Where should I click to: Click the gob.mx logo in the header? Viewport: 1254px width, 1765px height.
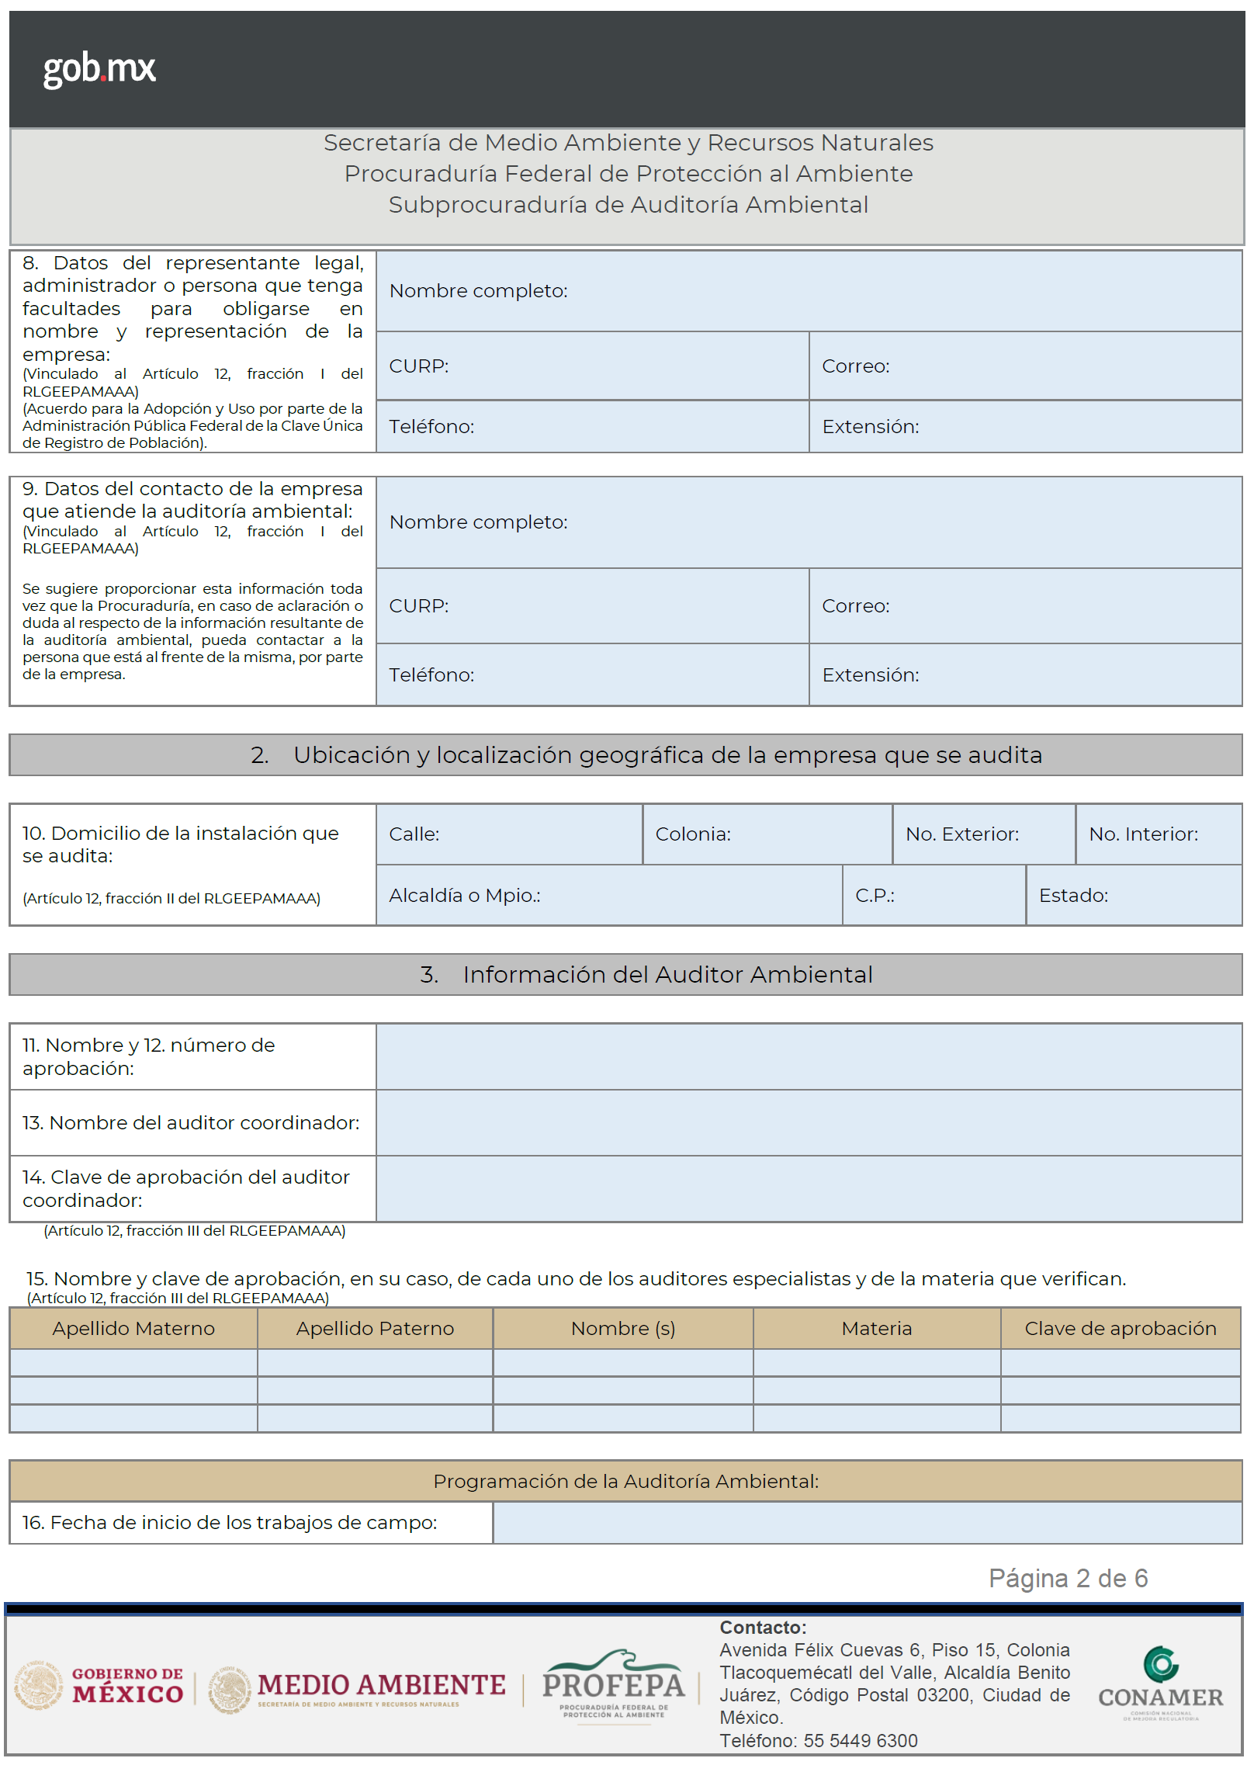point(99,69)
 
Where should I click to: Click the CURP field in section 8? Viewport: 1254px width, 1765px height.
point(592,366)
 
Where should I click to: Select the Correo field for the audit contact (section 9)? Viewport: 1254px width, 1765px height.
point(1024,606)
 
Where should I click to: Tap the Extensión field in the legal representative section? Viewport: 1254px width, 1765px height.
point(1024,427)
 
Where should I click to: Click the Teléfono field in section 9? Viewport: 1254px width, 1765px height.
point(592,675)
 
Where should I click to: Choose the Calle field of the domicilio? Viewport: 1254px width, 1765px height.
point(509,834)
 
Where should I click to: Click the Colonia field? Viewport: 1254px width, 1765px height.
point(767,834)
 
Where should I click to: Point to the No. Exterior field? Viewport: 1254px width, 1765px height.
point(983,834)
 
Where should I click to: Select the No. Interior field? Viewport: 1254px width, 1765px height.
point(1158,834)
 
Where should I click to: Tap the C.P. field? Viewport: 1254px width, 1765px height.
point(934,896)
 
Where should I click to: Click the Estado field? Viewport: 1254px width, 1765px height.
point(1133,896)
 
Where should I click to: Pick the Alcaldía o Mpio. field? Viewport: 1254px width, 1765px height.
point(608,896)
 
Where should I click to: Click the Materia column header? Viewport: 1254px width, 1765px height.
point(876,1329)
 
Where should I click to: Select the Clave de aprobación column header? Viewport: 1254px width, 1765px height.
point(1120,1329)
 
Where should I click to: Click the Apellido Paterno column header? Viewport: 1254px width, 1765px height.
point(375,1329)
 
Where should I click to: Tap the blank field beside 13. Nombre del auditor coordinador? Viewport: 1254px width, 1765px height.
point(809,1123)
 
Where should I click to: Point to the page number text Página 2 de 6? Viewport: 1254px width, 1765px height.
point(1068,1579)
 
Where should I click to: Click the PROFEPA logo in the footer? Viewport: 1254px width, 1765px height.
point(613,1684)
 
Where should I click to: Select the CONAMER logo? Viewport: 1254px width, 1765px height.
point(1160,1684)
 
